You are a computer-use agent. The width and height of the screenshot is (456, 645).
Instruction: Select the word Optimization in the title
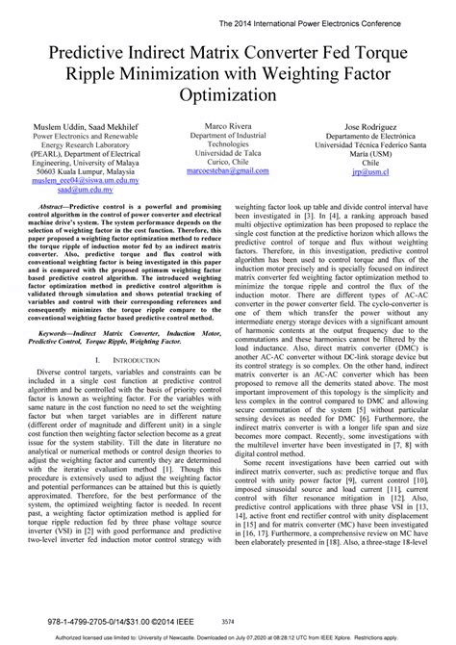point(227,96)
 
